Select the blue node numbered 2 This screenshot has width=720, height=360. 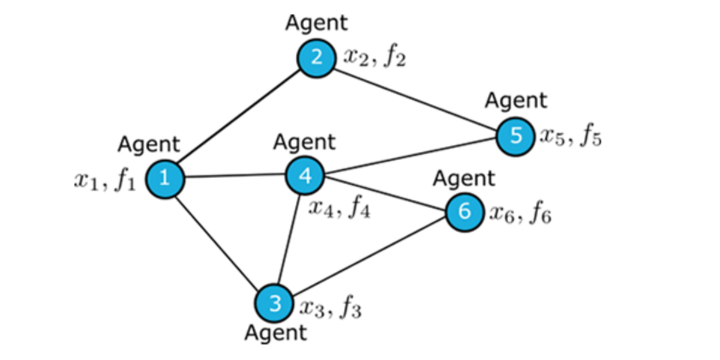(316, 58)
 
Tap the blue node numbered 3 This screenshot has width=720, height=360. (274, 303)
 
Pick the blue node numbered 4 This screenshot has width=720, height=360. (305, 176)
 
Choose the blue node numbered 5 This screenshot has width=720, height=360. (515, 136)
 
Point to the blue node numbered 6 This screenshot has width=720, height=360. (464, 212)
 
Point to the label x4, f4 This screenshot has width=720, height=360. (339, 208)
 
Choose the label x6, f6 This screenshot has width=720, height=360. (519, 213)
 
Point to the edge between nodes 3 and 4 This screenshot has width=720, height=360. (290, 240)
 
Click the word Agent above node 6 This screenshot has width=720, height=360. (464, 178)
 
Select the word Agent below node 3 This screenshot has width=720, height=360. (275, 333)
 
